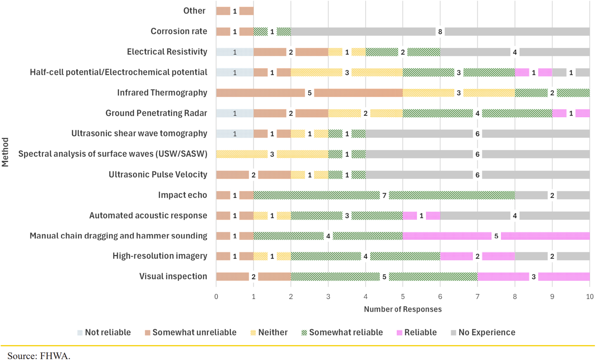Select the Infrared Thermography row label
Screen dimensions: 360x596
coord(162,93)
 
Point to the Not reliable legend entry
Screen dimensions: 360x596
coord(104,332)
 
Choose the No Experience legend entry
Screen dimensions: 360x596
coord(483,332)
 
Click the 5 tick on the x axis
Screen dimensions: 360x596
coord(403,297)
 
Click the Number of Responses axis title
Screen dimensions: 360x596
coord(403,309)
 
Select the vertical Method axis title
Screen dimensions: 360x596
coord(5,152)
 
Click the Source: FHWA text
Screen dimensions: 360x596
coord(39,356)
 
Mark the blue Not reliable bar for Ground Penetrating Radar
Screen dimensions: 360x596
coord(235,113)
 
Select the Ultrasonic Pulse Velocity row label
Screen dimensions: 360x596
coord(158,174)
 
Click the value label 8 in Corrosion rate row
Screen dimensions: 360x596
coord(440,32)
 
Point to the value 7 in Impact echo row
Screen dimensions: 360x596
coord(384,195)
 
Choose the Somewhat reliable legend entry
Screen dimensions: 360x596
coord(342,332)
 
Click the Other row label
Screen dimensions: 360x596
coord(194,11)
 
